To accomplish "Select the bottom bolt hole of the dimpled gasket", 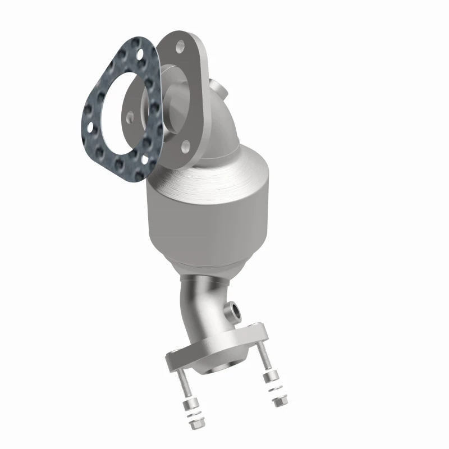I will [x=147, y=161].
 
